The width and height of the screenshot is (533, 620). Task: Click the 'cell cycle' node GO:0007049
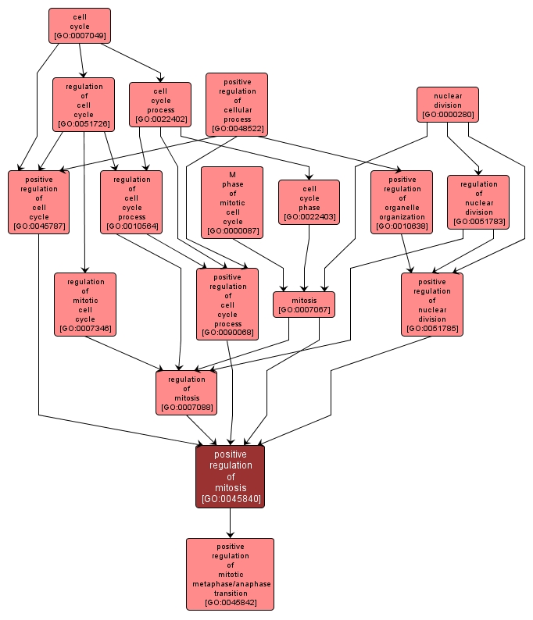(x=79, y=26)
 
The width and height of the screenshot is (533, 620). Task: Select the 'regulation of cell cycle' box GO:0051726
(x=84, y=104)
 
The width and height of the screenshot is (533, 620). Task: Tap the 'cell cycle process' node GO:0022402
(x=159, y=105)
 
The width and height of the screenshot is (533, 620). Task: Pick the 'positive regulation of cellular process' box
(x=236, y=105)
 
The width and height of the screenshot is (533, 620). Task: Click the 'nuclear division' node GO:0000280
(x=447, y=105)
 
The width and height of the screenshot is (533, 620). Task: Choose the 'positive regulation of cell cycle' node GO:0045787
(x=38, y=201)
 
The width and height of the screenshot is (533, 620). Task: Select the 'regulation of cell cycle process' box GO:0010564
(x=131, y=202)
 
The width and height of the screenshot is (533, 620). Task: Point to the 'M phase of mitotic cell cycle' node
(x=232, y=201)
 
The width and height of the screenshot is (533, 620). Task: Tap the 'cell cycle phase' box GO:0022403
(x=309, y=202)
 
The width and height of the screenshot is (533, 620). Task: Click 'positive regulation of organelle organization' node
(x=402, y=202)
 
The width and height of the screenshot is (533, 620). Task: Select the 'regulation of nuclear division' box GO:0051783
(x=478, y=201)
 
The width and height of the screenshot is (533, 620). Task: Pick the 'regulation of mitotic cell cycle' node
(x=84, y=304)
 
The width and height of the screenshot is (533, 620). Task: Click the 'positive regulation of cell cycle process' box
(x=227, y=304)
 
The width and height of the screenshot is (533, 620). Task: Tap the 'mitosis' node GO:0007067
(x=304, y=305)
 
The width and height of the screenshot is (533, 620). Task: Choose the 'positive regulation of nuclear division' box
(x=431, y=304)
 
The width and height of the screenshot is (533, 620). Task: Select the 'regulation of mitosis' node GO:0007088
(x=186, y=393)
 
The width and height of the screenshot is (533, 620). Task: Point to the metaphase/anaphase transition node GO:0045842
(x=230, y=574)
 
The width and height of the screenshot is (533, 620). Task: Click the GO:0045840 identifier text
(x=230, y=499)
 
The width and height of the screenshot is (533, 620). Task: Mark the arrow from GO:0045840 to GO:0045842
(x=230, y=522)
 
